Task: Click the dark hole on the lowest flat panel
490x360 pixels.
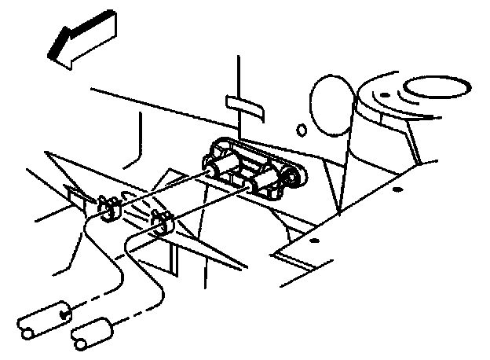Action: pos(313,240)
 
